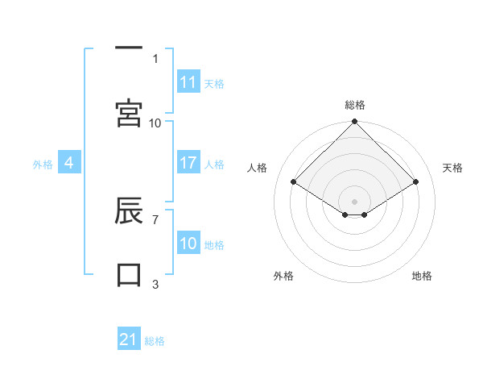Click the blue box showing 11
pos(188,82)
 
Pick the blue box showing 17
pos(188,163)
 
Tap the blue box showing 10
pos(188,244)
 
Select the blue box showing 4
pos(69,163)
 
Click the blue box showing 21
pos(129,339)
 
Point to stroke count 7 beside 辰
pos(155,219)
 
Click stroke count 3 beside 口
pos(155,284)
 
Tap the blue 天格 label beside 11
pos(214,84)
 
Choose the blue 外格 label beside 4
pos(43,165)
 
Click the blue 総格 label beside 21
pos(155,341)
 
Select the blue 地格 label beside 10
pos(214,245)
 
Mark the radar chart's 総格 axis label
pos(355,105)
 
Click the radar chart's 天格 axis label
pos(452,168)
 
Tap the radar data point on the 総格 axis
pos(355,123)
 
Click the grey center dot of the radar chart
pos(355,201)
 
